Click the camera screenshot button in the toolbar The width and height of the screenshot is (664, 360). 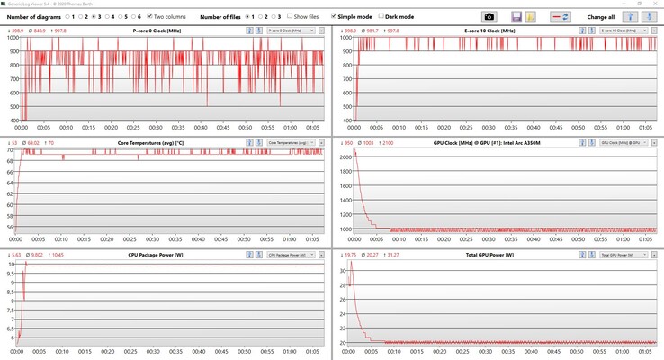coord(489,16)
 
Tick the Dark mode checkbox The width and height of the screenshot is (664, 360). coord(381,16)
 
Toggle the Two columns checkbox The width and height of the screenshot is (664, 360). coord(150,16)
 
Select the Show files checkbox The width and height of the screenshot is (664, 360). coord(290,16)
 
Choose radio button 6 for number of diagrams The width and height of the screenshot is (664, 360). coord(133,16)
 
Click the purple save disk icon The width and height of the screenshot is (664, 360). coord(516,16)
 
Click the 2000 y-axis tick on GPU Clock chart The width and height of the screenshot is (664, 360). coord(345,157)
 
